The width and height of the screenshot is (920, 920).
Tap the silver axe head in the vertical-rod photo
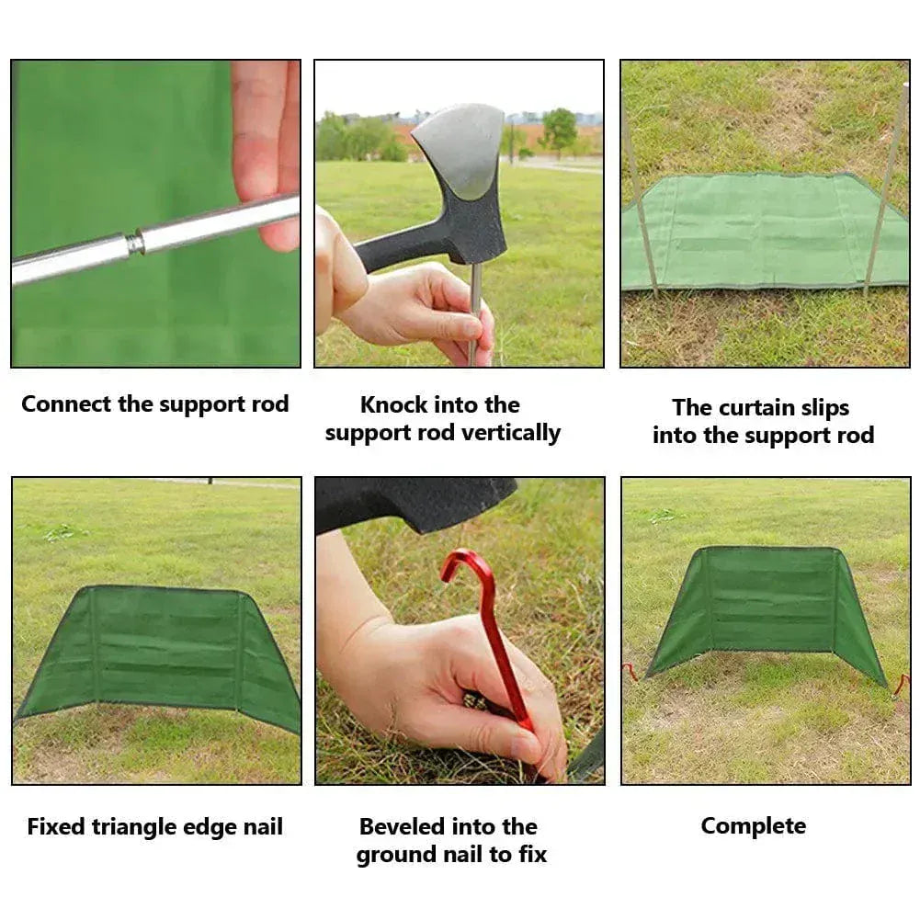(x=461, y=150)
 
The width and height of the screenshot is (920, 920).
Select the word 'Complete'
(x=754, y=826)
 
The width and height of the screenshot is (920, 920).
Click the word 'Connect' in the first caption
(x=66, y=403)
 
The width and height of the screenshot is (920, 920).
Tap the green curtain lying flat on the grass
(x=765, y=232)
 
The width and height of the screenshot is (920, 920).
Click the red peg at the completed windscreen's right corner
(x=900, y=687)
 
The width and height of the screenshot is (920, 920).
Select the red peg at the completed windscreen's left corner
(x=631, y=673)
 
